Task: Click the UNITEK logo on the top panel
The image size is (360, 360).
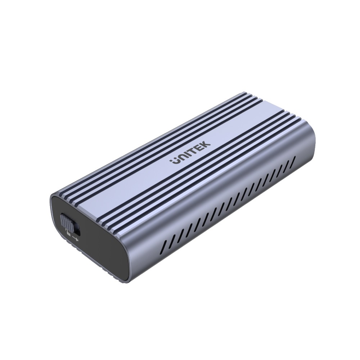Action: tap(190, 153)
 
